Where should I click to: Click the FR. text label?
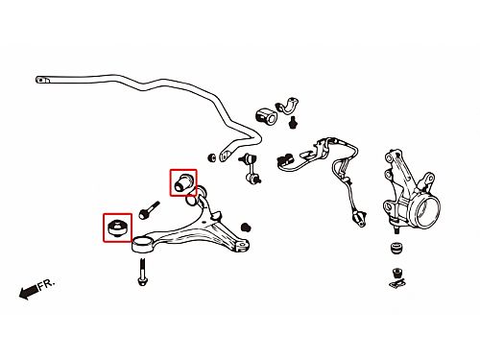point(47,284)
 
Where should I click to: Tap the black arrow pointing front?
point(29,292)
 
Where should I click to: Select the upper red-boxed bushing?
point(183,182)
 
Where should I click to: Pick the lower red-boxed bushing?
point(117,228)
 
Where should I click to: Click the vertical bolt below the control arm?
point(142,272)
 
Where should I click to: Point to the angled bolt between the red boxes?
point(149,210)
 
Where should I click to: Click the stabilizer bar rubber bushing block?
point(266,116)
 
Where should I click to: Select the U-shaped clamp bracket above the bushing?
point(287,106)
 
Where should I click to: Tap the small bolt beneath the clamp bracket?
point(292,122)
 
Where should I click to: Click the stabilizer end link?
point(251,169)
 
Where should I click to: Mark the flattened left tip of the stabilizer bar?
point(43,80)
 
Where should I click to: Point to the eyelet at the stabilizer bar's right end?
point(227,156)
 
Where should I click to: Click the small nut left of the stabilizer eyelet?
point(211,157)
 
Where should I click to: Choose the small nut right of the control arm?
point(246,228)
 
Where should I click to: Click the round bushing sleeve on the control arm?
point(142,244)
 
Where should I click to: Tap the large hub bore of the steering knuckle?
point(426,212)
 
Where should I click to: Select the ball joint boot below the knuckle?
point(396,249)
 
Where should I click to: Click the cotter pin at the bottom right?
point(397,283)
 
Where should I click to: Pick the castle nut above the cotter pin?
point(397,273)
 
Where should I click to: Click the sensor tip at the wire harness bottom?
point(360,219)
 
